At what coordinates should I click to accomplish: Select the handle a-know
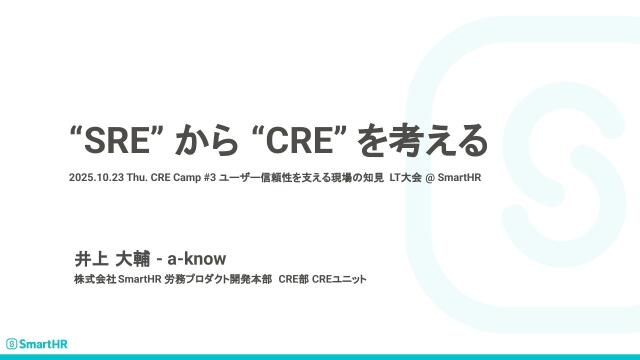point(197,259)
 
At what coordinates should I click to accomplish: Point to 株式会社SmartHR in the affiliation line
point(111,279)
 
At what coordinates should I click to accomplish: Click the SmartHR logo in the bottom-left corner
point(33,341)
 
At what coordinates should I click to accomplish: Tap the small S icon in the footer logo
point(11,341)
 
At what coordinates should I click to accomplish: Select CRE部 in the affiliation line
point(293,279)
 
